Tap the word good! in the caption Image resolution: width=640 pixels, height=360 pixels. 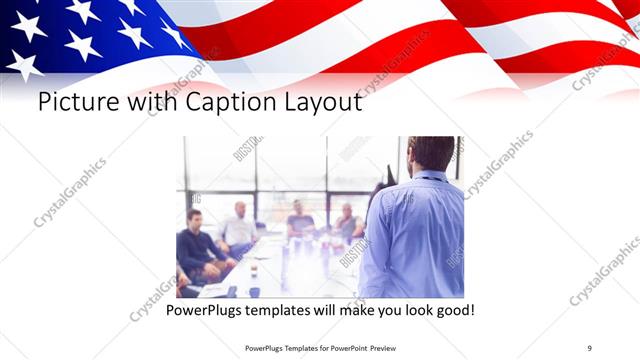pyautogui.click(x=454, y=312)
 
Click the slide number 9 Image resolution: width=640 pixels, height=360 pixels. pyautogui.click(x=590, y=347)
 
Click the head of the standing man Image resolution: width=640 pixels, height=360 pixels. pyautogui.click(x=432, y=153)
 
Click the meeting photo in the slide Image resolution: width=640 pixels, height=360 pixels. pyautogui.click(x=320, y=217)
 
